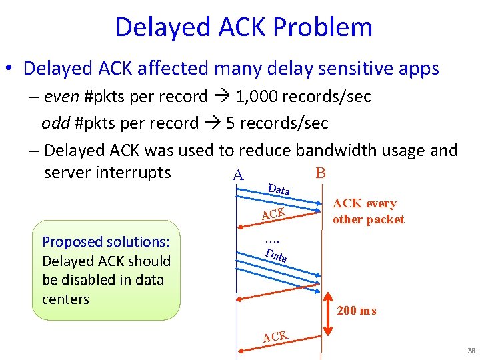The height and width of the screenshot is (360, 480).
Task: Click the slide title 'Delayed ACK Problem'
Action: [x=243, y=27]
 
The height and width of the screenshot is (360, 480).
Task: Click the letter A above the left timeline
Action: [x=237, y=176]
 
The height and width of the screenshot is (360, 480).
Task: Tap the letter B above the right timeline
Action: [x=320, y=173]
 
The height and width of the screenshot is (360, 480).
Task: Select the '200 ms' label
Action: [x=357, y=310]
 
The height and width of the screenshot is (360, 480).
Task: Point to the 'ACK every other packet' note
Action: [x=368, y=211]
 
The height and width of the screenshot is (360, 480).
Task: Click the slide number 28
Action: [x=471, y=351]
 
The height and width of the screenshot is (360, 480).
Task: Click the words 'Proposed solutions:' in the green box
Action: [x=106, y=242]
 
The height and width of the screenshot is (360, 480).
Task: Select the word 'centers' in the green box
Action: [x=65, y=299]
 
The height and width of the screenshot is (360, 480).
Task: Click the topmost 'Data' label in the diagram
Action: [x=278, y=189]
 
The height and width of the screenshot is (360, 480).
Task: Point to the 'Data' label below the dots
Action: [x=275, y=255]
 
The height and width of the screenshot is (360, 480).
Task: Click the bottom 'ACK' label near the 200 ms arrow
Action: [x=275, y=337]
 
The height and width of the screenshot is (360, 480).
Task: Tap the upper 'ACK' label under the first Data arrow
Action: [x=274, y=213]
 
